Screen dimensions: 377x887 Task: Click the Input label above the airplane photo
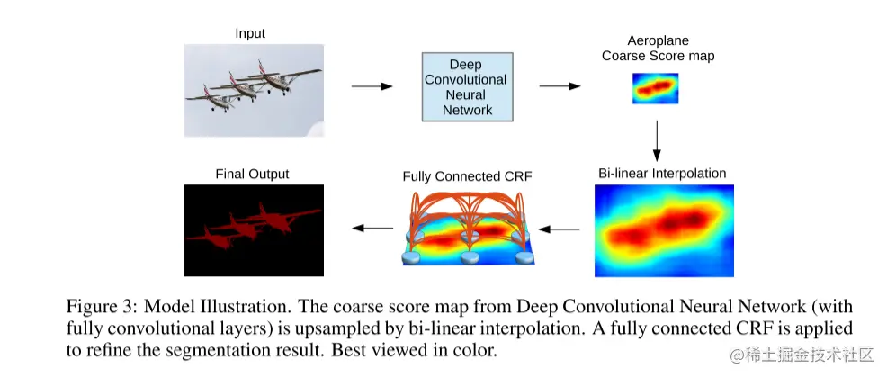250,34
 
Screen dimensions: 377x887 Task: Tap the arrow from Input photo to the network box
372,86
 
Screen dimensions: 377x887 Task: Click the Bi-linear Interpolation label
662,173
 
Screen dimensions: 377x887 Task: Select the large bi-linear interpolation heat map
664,229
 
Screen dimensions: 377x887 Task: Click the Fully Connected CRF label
467,175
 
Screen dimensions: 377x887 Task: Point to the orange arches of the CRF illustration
468,207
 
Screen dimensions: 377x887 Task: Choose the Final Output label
253,173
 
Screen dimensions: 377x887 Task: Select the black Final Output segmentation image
253,229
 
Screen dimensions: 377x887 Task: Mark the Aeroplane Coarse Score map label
658,49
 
